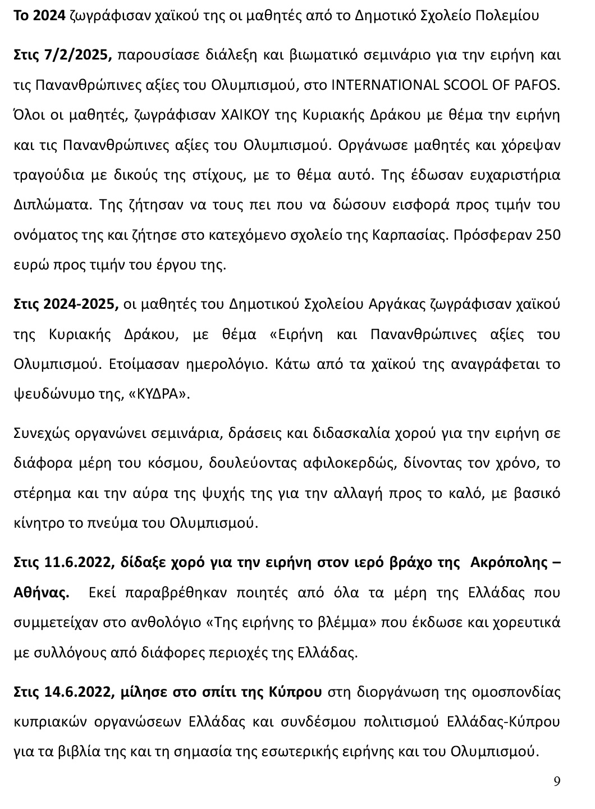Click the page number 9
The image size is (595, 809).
pos(557,781)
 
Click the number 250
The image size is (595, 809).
pos(549,235)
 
